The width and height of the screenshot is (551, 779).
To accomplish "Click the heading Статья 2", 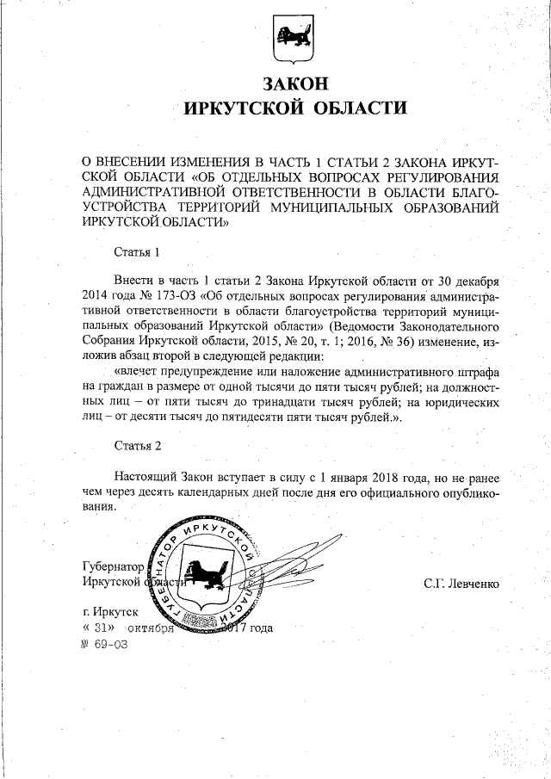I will [137, 445].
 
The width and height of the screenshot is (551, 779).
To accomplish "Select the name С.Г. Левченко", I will [461, 584].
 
